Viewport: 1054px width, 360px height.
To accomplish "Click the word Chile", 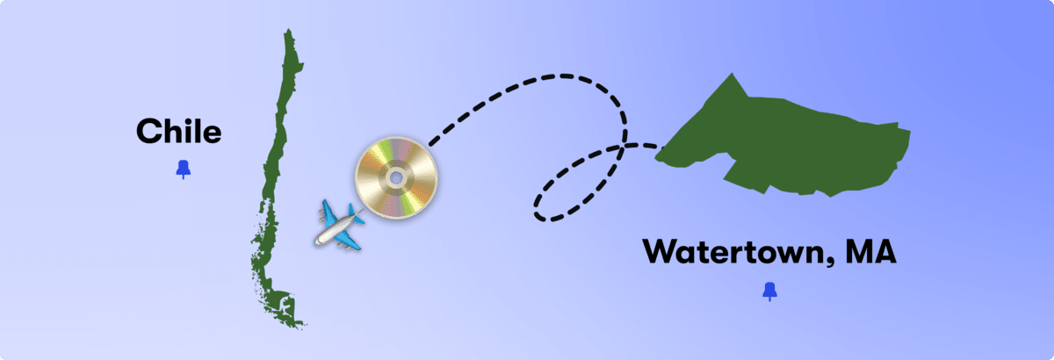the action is tap(179, 132).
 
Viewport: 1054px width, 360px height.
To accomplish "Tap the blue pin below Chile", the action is tap(184, 169).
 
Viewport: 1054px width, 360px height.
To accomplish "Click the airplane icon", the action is tap(339, 225).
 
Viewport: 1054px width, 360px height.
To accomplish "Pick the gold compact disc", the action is tap(396, 178).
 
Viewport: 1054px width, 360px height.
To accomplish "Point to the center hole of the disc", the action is tap(396, 178).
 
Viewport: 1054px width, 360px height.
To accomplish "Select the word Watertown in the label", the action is tap(737, 252).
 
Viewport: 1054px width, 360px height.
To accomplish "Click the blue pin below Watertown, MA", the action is tap(769, 292).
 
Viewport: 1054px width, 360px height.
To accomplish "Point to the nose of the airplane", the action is tap(316, 243).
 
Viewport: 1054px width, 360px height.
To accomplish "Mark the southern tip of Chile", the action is tap(301, 326).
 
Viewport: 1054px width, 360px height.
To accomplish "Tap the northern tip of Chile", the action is tap(288, 30).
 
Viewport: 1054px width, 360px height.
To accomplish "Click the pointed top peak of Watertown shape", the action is tap(732, 74).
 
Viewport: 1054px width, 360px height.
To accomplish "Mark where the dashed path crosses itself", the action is tap(623, 148).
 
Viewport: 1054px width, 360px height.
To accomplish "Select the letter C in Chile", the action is tap(148, 132).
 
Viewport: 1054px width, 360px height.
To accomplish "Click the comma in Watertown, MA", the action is tap(834, 263).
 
